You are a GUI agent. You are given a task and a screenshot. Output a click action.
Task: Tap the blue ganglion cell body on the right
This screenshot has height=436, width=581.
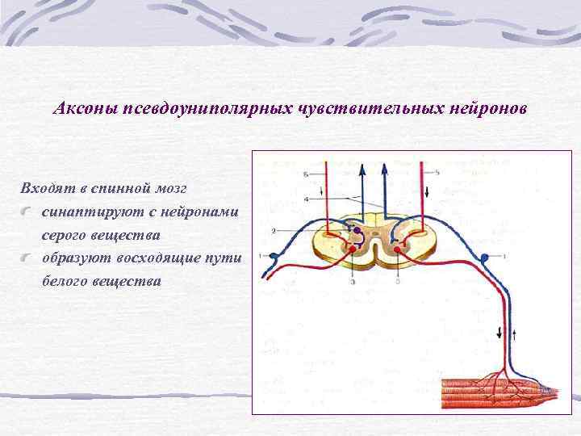(484, 258)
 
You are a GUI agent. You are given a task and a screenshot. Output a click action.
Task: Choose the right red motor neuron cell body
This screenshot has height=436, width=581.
(396, 248)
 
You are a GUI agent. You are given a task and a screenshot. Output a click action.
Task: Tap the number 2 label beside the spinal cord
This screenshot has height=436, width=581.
(274, 231)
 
